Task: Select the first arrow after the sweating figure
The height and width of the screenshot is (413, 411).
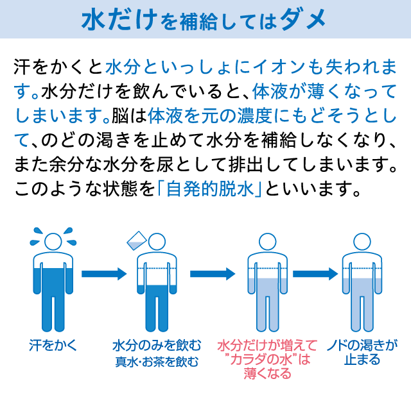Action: (x=103, y=273)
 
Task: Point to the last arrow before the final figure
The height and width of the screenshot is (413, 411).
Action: (x=317, y=273)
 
